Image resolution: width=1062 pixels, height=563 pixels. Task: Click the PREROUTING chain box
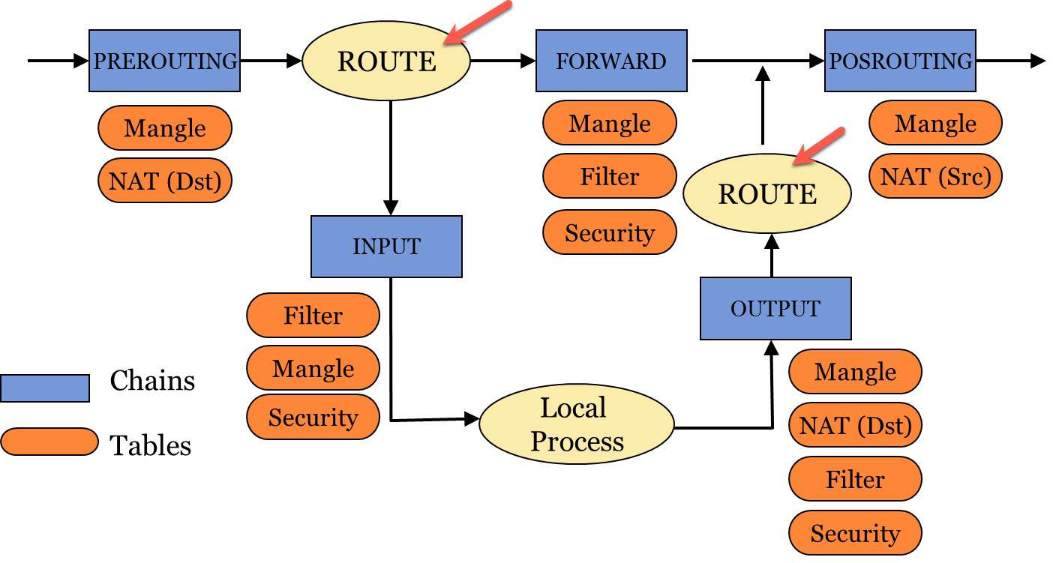click(x=164, y=61)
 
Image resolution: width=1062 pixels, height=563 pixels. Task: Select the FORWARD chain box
click(x=611, y=61)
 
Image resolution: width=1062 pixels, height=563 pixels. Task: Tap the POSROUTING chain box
click(x=900, y=61)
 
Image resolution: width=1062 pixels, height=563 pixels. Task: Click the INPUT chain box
click(x=386, y=247)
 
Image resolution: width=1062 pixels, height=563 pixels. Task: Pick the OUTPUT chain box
click(x=775, y=308)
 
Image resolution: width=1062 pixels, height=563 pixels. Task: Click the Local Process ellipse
click(x=576, y=425)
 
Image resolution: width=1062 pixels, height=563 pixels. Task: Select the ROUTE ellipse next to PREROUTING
click(x=386, y=61)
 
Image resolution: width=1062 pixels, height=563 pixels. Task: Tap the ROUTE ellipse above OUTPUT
click(x=767, y=194)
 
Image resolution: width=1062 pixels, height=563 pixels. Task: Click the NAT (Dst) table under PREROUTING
click(x=165, y=181)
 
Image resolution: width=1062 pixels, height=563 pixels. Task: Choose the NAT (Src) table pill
click(x=935, y=177)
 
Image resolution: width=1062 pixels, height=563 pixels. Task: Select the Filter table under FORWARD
click(x=609, y=177)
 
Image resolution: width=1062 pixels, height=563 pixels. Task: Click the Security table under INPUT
click(x=313, y=417)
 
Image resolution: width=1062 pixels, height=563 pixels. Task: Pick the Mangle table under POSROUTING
click(x=935, y=123)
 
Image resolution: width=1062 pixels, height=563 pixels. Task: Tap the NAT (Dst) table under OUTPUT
click(x=855, y=426)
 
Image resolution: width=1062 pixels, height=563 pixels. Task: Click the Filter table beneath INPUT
click(x=313, y=316)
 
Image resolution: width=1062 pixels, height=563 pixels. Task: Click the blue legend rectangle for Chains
click(x=45, y=388)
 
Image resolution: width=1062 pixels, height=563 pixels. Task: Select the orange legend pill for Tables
click(x=49, y=442)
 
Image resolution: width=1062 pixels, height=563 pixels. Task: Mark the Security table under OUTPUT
click(x=855, y=533)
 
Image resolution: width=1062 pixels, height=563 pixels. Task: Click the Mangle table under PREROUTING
click(x=165, y=128)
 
